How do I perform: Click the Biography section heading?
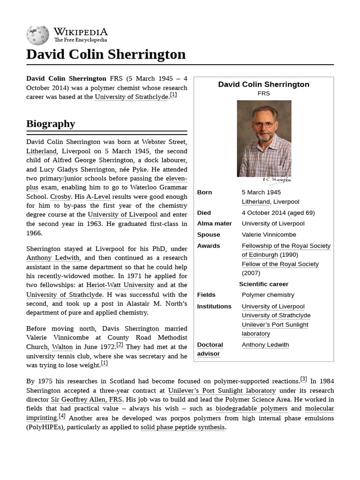click(x=51, y=124)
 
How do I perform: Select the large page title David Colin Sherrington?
click(x=106, y=54)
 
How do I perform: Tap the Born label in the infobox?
click(x=204, y=192)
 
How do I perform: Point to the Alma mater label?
click(x=214, y=224)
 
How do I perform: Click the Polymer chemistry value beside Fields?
click(x=268, y=295)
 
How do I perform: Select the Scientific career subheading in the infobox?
click(x=263, y=284)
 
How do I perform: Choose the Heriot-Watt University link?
click(x=120, y=285)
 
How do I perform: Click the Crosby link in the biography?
click(x=60, y=197)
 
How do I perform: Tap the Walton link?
click(x=62, y=347)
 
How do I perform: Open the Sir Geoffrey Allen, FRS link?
click(x=86, y=399)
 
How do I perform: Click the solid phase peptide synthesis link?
click(x=183, y=427)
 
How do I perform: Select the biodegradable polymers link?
click(x=251, y=409)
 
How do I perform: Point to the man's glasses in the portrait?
click(x=263, y=124)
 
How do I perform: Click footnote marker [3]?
click(x=303, y=379)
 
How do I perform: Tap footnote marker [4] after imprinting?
click(x=62, y=416)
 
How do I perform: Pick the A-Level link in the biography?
click(x=97, y=197)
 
